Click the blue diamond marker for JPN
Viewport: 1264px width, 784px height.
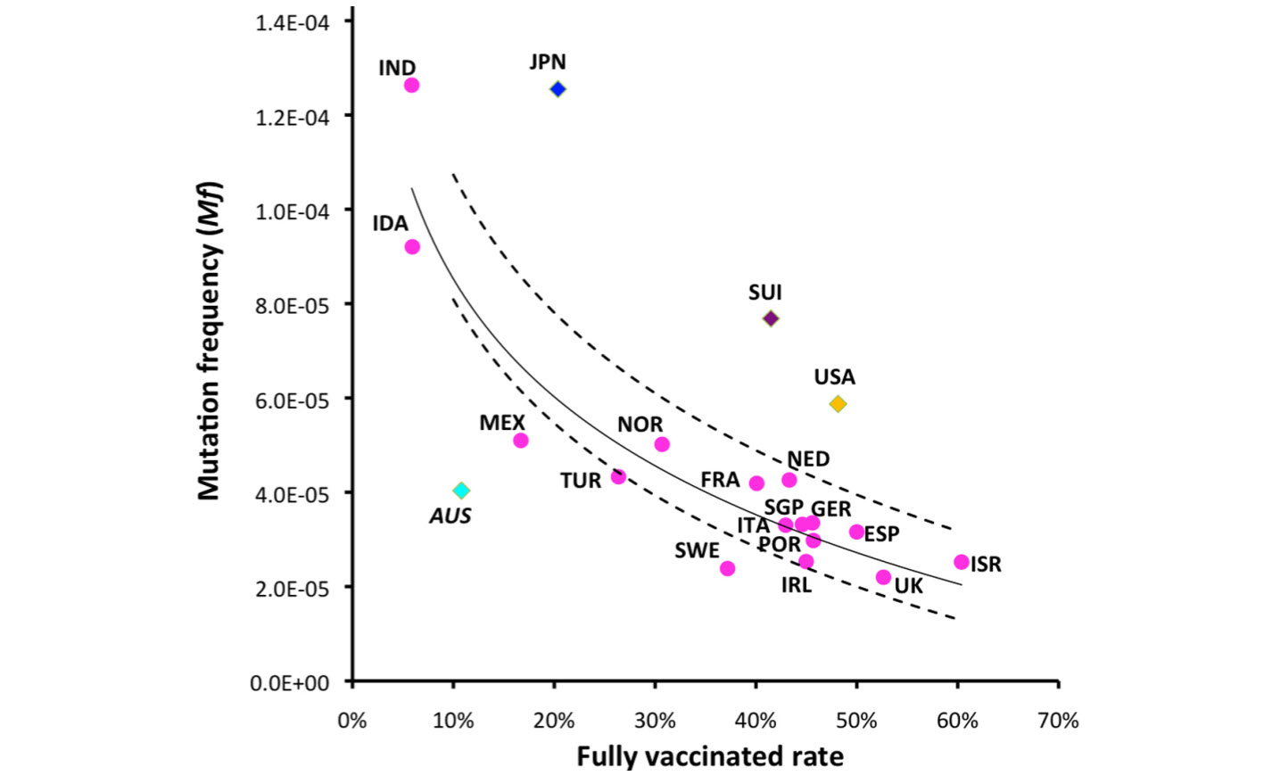click(558, 89)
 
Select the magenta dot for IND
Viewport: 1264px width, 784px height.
click(411, 86)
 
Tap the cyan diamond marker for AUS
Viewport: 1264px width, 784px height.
click(461, 491)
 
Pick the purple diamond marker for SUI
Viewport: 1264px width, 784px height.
click(771, 318)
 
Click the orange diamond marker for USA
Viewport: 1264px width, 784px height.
click(838, 404)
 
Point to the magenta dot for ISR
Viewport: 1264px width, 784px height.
click(961, 562)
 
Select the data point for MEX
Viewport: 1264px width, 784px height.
click(521, 441)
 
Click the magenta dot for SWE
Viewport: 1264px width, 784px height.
click(727, 568)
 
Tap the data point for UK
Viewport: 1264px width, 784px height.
click(883, 577)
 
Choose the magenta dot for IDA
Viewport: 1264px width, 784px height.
click(412, 247)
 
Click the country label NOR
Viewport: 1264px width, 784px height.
click(640, 425)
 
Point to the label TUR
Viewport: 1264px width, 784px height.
click(581, 482)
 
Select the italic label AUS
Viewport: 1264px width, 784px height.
click(450, 516)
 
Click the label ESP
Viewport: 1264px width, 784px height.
click(881, 534)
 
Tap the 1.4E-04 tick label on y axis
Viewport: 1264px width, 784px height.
click(292, 22)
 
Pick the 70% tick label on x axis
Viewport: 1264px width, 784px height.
click(1058, 721)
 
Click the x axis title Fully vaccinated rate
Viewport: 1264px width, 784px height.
click(709, 757)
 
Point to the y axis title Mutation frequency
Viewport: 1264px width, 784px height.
click(210, 342)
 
